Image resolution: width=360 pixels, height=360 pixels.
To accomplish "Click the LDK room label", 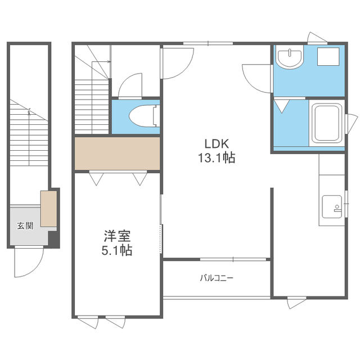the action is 217,144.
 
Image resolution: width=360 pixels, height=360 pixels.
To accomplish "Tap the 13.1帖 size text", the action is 217,158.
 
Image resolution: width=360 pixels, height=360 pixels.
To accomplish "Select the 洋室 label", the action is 117,236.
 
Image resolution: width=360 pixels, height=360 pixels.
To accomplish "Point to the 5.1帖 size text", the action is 117,250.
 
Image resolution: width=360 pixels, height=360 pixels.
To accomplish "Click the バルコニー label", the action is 217,278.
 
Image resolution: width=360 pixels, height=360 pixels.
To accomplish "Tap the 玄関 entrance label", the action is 25,226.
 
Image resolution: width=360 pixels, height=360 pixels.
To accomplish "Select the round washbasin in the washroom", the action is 290,57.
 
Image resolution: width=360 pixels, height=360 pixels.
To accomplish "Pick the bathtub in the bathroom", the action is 327,123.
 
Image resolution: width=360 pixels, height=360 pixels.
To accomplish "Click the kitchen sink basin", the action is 332,206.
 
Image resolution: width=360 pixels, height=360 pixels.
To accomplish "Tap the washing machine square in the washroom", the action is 328,56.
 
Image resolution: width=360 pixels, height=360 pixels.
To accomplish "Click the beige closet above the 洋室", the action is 118,154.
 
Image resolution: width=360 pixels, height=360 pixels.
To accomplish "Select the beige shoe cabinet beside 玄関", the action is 49,209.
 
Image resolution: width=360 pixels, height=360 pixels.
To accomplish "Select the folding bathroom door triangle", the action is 282,106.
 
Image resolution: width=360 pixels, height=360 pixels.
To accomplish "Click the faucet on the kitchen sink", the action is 337,208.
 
